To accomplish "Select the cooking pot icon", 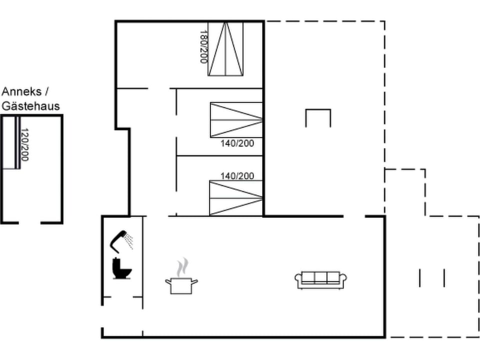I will [x=181, y=285].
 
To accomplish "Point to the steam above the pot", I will [x=183, y=266].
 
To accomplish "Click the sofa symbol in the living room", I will [x=321, y=279].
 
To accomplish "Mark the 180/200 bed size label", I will [x=203, y=46].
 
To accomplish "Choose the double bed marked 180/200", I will [x=225, y=49].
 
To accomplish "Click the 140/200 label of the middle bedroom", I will [x=237, y=143].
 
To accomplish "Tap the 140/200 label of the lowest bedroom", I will [x=237, y=176].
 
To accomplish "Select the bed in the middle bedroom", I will [x=236, y=119].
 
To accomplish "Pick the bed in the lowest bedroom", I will [x=236, y=198].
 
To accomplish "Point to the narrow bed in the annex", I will [x=11, y=142].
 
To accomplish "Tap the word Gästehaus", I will [x=30, y=106].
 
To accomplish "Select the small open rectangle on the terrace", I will [x=318, y=117].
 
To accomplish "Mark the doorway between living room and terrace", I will [x=354, y=216].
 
